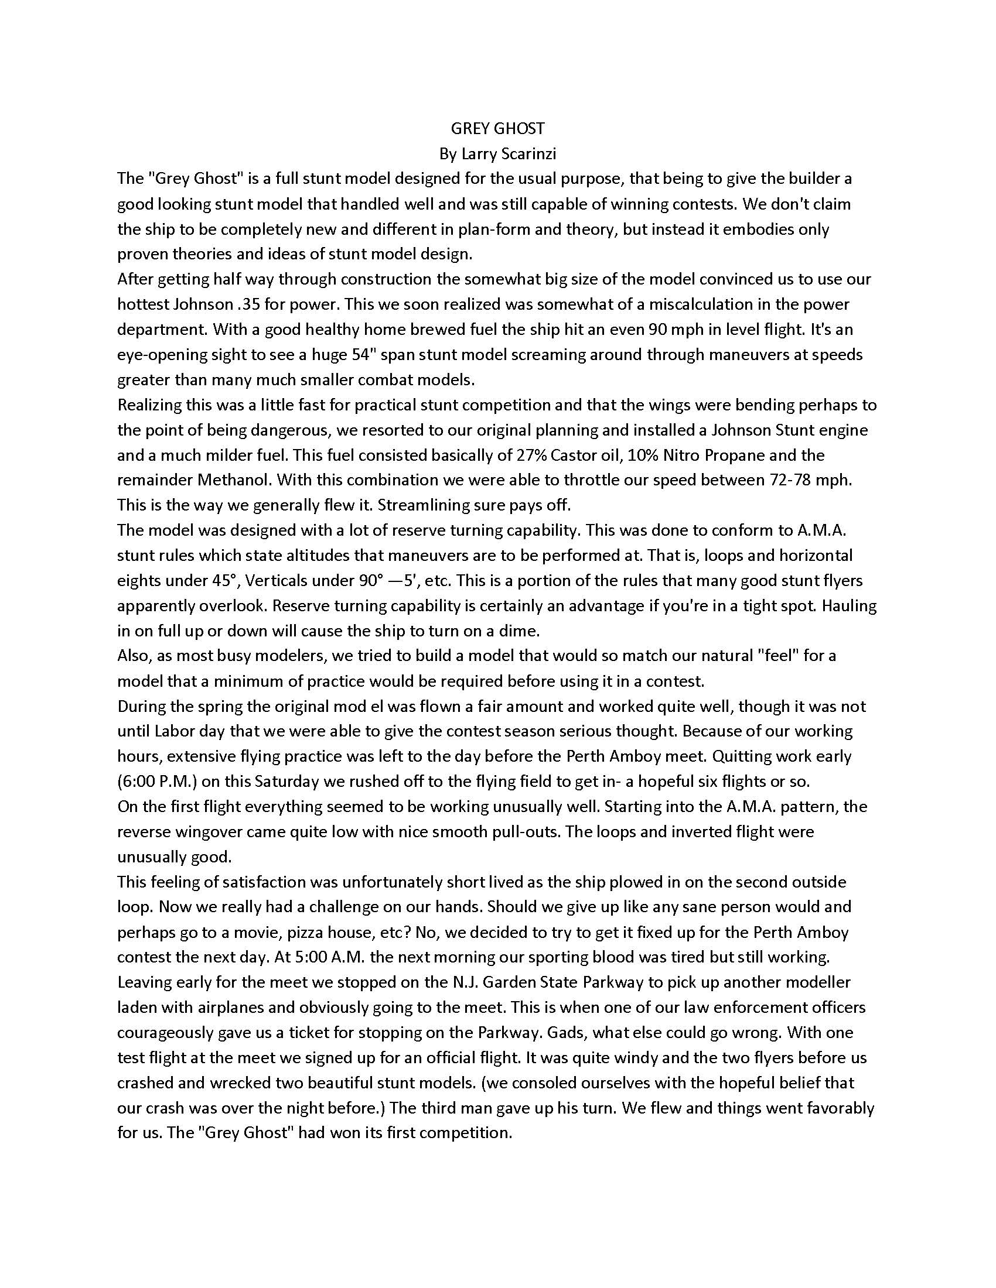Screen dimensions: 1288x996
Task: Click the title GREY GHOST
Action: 497,129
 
